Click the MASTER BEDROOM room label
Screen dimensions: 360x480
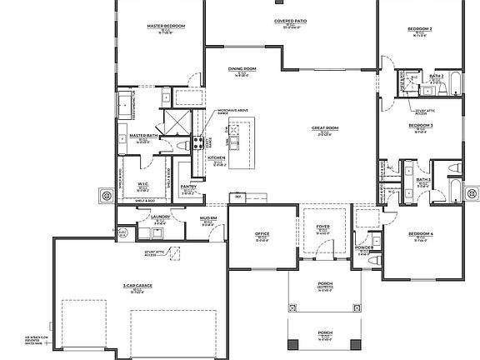pos(165,27)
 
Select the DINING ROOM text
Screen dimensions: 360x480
pos(242,69)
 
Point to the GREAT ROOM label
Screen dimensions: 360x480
pos(324,128)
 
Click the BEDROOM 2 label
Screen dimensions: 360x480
pos(419,28)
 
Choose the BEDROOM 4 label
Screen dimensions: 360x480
pos(420,234)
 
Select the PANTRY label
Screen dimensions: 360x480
pos(188,187)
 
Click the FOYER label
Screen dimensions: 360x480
pos(322,227)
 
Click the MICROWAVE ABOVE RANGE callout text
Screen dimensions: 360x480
pos(232,111)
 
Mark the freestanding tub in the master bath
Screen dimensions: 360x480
pos(123,106)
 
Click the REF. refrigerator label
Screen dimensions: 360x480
pos(237,197)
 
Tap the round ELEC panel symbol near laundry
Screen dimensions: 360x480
pos(106,197)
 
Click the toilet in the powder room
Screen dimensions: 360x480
pos(376,243)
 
